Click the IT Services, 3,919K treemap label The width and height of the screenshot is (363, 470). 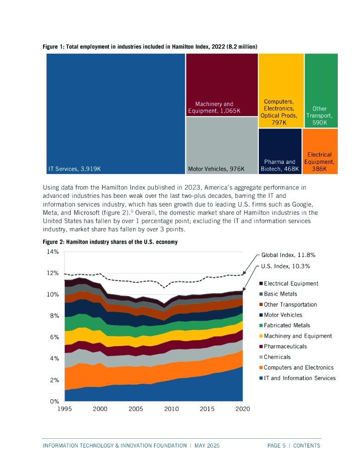point(74,169)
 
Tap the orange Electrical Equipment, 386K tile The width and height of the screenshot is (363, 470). point(320,151)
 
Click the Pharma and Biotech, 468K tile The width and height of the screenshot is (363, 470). point(280,151)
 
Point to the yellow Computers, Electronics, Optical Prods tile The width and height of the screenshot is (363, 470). point(281,90)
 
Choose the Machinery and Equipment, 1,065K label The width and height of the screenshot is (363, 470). point(214,107)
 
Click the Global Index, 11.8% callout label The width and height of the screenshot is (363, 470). point(288,255)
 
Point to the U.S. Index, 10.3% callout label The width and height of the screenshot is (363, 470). point(285,266)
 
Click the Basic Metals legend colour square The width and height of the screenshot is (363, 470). point(261,294)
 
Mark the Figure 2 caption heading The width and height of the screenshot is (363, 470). point(110,242)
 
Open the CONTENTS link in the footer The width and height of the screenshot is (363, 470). point(307,446)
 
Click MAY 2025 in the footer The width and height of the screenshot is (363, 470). point(207,446)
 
